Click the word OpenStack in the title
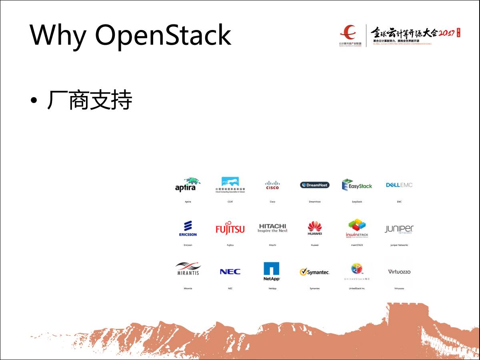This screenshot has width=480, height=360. [163, 36]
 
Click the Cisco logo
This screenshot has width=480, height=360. [272, 185]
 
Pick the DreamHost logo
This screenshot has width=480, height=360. [315, 185]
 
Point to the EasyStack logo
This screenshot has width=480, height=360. [357, 185]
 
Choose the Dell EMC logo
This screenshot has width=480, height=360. [399, 185]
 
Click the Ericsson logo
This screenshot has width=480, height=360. [188, 228]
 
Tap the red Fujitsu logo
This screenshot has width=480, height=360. [230, 228]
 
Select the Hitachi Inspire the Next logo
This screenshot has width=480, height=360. [272, 228]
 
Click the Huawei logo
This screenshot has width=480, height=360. [315, 228]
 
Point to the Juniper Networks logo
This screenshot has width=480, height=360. [399, 229]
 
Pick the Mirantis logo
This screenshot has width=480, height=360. [188, 269]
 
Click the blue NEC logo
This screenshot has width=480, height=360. [230, 272]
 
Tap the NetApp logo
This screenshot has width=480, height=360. [272, 271]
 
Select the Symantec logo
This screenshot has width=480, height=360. [315, 272]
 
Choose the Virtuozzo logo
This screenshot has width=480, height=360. [399, 272]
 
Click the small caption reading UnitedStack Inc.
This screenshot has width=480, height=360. [357, 288]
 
